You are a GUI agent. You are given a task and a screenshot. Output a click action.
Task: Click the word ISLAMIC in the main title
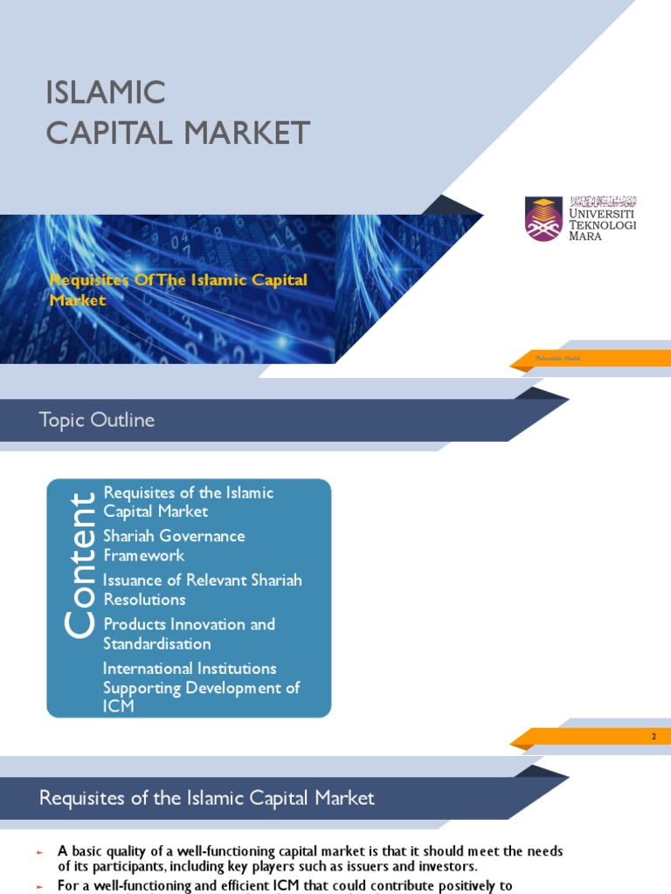[x=106, y=92]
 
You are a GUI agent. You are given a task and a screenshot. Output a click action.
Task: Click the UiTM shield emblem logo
[x=543, y=217]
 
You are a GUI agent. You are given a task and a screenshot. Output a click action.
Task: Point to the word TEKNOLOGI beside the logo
[x=603, y=224]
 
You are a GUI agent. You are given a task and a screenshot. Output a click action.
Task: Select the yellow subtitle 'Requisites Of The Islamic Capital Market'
[x=178, y=290]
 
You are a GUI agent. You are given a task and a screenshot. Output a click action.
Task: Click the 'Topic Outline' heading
[x=97, y=420]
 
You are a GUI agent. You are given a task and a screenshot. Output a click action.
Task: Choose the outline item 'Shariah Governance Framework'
[x=173, y=546]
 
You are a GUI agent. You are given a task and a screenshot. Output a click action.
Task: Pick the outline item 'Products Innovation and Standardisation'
[x=189, y=634]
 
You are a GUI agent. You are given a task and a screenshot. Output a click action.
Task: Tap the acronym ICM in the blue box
[x=119, y=706]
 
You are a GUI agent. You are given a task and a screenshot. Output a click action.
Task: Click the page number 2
[x=653, y=738]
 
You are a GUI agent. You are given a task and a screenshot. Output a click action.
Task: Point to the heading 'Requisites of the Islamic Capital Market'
[x=207, y=798]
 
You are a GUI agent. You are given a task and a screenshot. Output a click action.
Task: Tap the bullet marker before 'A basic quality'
[x=40, y=851]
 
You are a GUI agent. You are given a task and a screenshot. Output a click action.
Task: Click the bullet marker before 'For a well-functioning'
[x=40, y=885]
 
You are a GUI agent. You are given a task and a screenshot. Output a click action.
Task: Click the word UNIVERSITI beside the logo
[x=603, y=213]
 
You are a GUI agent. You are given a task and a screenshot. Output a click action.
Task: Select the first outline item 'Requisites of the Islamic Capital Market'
[x=188, y=502]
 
